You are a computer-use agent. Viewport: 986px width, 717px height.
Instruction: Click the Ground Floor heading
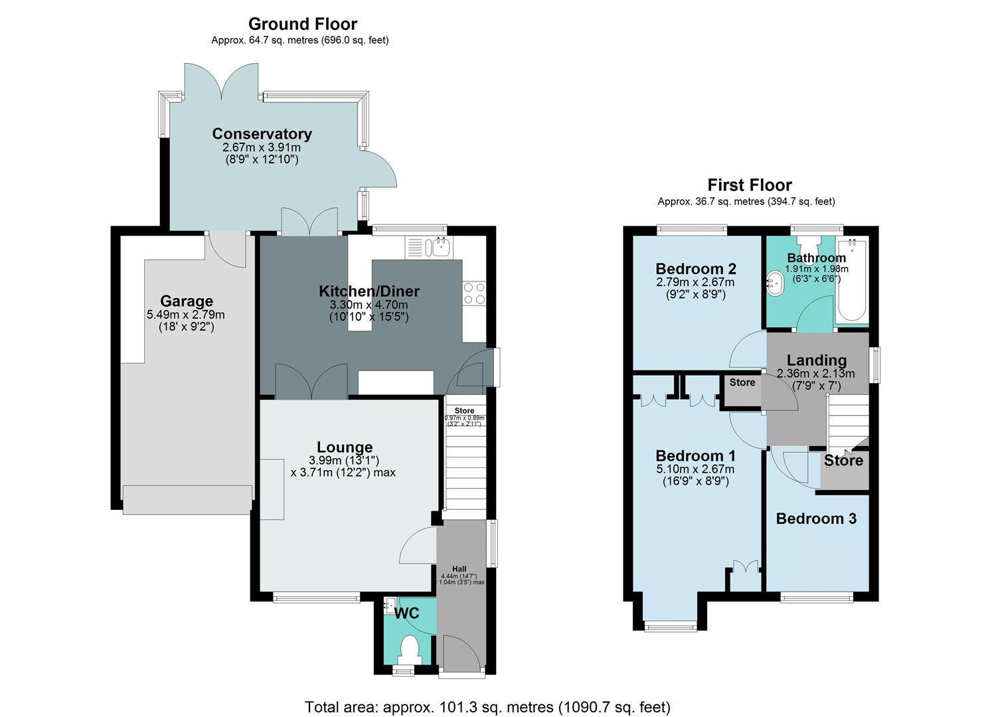(x=302, y=24)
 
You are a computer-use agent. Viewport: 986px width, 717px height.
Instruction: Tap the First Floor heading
(x=749, y=185)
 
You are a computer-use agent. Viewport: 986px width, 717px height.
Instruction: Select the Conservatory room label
(x=262, y=133)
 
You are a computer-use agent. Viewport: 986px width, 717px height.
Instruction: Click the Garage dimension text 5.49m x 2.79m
(x=186, y=315)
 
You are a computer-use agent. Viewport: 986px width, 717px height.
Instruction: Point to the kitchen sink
(x=439, y=248)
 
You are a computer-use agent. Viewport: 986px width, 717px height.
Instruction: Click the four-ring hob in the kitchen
(x=474, y=293)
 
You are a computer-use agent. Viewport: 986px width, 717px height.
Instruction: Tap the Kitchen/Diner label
(x=369, y=291)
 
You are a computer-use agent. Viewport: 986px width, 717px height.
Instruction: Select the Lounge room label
(x=345, y=447)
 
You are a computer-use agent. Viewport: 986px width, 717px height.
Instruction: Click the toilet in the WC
(x=410, y=648)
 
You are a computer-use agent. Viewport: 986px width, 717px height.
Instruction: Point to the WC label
(x=407, y=613)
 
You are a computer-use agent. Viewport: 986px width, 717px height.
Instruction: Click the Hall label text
(x=459, y=569)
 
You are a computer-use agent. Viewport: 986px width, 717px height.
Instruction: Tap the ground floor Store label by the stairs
(x=464, y=410)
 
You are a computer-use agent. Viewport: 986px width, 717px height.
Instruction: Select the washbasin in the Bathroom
(x=775, y=283)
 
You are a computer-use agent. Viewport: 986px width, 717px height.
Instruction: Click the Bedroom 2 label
(x=695, y=269)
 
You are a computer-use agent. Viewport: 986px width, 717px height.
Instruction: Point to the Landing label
(x=816, y=360)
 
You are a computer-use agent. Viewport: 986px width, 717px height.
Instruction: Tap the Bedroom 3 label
(x=816, y=518)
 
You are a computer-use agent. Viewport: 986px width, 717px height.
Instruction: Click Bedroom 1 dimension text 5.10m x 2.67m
(x=695, y=469)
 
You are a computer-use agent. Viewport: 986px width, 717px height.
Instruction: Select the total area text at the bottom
(x=487, y=706)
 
